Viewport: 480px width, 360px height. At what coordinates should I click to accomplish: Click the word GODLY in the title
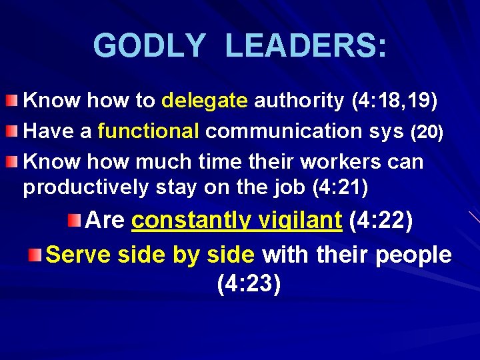[149, 46]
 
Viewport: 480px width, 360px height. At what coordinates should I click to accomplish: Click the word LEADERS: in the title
[305, 46]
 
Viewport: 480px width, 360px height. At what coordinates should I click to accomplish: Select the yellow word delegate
[205, 101]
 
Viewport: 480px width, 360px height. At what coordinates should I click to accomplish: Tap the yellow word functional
[148, 132]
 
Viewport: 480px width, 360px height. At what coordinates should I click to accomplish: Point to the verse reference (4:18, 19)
[394, 101]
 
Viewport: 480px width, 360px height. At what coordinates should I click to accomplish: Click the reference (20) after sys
[427, 133]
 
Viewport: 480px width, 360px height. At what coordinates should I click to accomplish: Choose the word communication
[271, 132]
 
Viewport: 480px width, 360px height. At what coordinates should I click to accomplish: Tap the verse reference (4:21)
[340, 188]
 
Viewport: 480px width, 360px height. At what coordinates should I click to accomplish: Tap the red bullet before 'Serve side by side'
[35, 254]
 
